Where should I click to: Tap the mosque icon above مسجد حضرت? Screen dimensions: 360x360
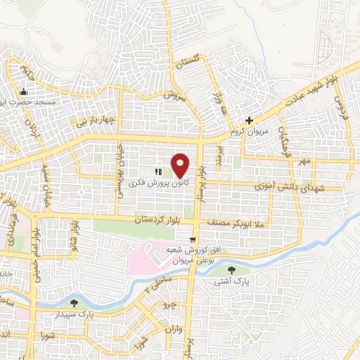pyautogui.click(x=24, y=91)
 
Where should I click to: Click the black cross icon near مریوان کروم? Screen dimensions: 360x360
pyautogui.click(x=249, y=120)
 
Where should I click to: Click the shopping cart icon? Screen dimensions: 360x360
pyautogui.click(x=193, y=238)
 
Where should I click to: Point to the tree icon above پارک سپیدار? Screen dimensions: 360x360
pyautogui.click(x=75, y=303)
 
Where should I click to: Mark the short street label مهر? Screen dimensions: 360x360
pyautogui.click(x=304, y=162)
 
